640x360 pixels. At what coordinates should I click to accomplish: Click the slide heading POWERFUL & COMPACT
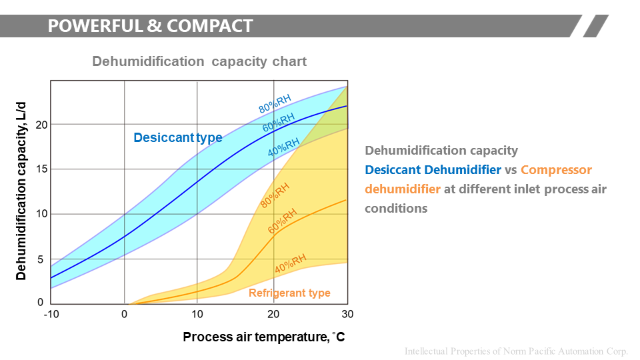150,26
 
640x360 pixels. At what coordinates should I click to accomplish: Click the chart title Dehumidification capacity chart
199,61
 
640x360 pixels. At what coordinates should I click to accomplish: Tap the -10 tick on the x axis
51,314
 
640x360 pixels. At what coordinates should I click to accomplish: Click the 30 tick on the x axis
347,314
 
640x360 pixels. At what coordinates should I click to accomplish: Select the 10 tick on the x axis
197,314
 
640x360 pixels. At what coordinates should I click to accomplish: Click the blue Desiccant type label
177,138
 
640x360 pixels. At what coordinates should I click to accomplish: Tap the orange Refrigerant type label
289,293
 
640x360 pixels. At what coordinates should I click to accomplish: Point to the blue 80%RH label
275,103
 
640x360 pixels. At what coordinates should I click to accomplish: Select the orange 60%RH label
282,220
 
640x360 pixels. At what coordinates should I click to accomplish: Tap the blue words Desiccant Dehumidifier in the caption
433,170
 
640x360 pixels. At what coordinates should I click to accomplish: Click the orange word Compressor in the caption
556,170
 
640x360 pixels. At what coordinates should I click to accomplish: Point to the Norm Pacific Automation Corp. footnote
517,351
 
